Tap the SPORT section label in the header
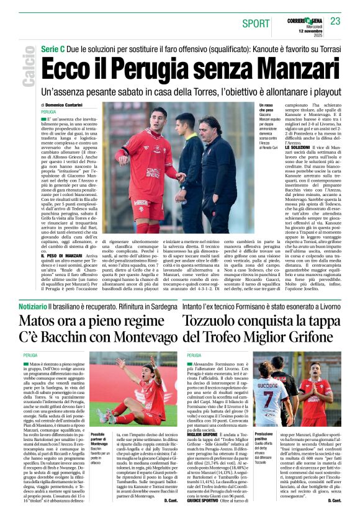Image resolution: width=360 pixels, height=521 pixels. click(x=256, y=23)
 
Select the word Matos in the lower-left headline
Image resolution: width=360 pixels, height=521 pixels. click(x=40, y=321)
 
